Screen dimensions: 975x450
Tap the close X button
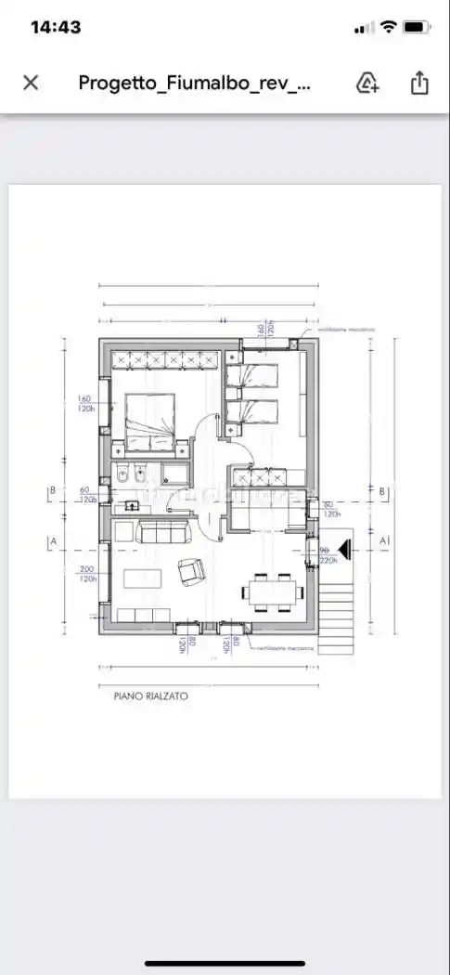[31, 83]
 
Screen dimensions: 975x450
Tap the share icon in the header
[419, 83]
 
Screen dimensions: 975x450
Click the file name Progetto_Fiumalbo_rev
[194, 83]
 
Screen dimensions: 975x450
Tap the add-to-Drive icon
[367, 83]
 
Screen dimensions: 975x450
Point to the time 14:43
[56, 27]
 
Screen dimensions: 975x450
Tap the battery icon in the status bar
[417, 27]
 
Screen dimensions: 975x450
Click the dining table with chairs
[273, 591]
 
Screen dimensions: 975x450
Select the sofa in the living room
[162, 531]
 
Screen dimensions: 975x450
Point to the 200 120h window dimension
[87, 573]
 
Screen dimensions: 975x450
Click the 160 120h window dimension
[87, 403]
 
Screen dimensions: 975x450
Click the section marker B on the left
[53, 491]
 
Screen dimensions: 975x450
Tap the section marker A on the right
[382, 539]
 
